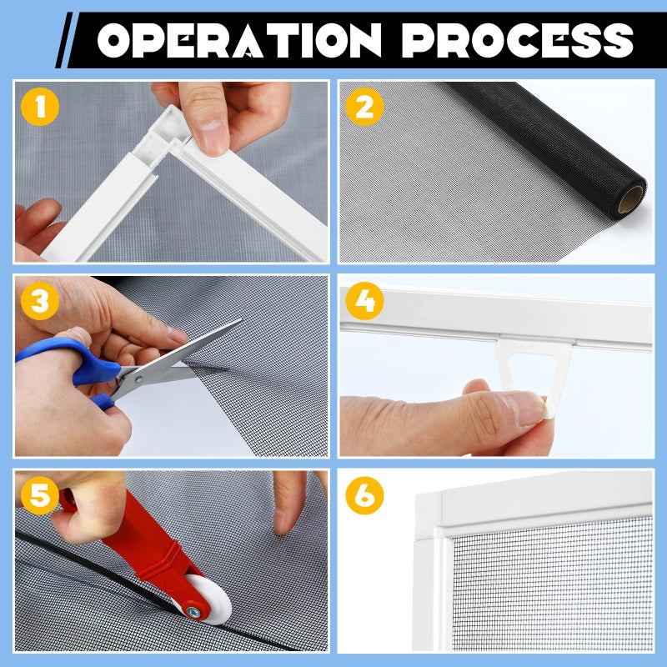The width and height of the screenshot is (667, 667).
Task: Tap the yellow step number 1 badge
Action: click(38, 106)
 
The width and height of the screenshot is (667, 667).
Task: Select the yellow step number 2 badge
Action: click(364, 106)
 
